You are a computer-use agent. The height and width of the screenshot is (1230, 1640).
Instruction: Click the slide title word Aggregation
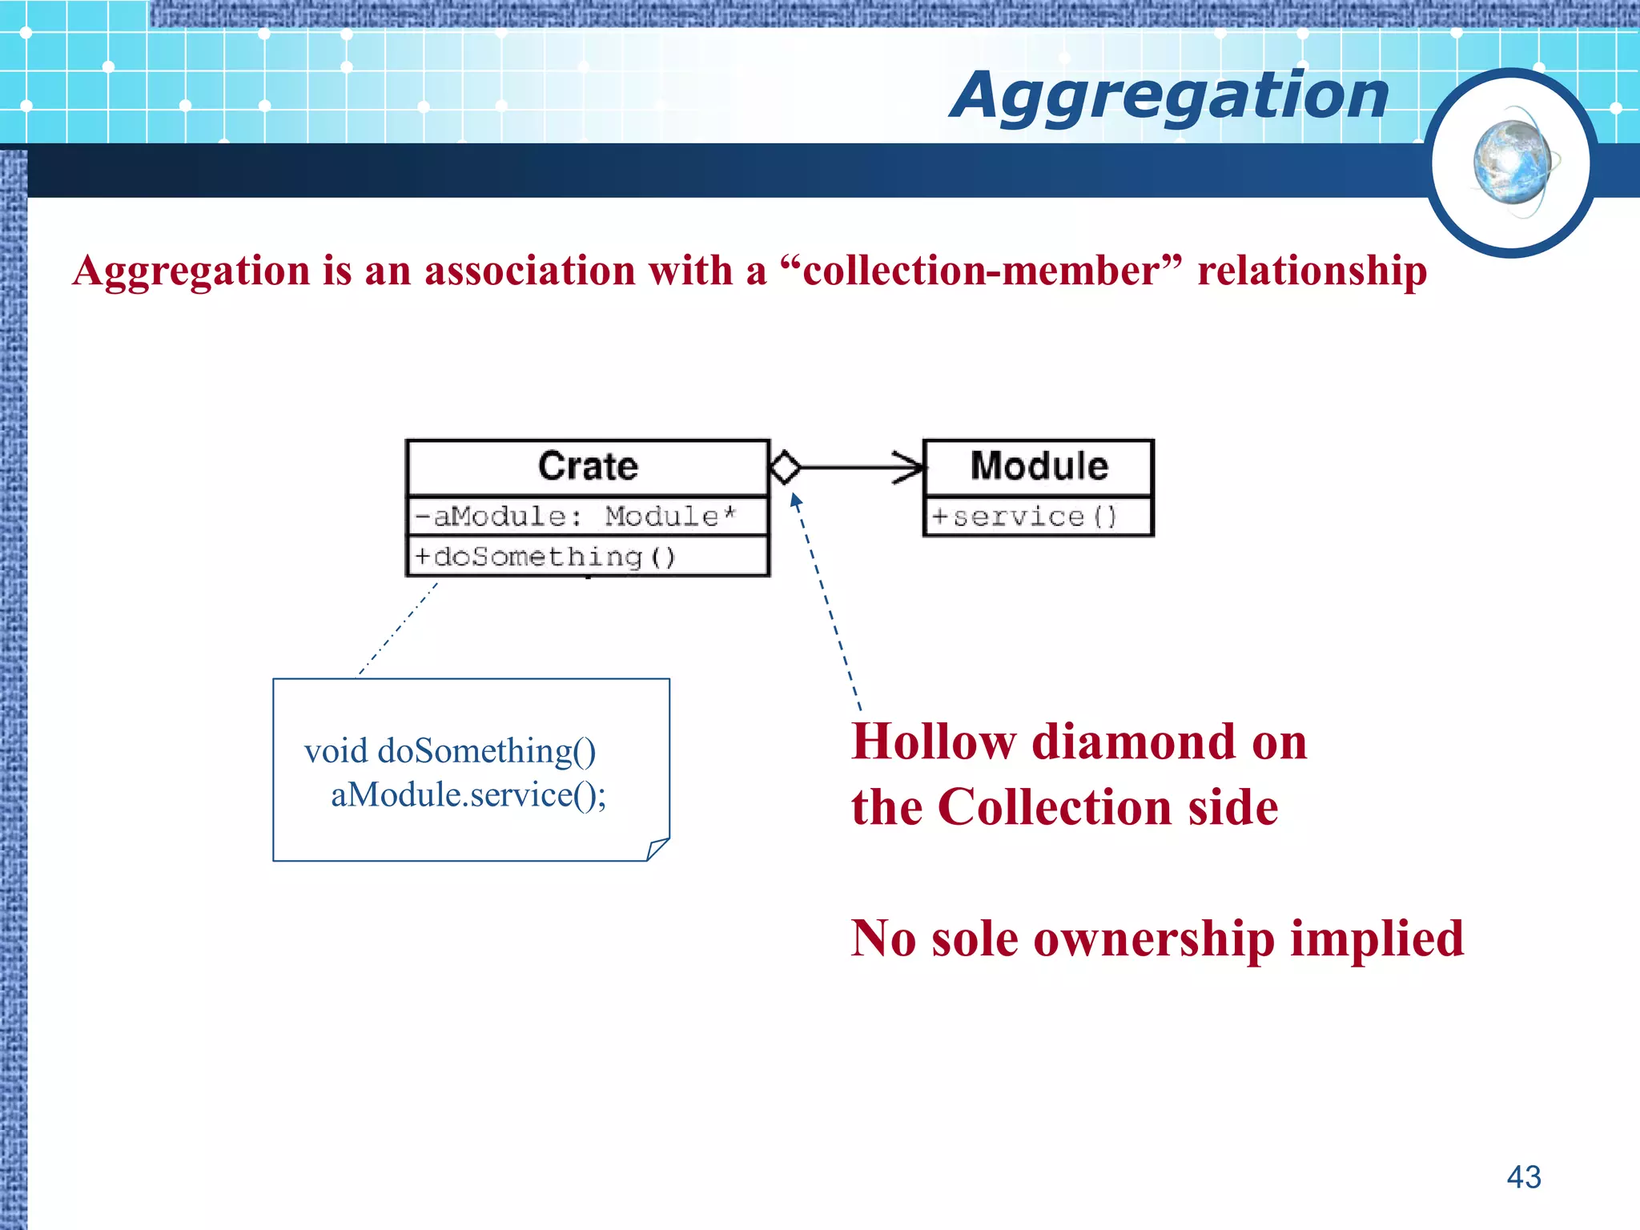coord(1169,96)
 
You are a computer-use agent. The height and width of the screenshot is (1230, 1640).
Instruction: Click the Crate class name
coord(588,467)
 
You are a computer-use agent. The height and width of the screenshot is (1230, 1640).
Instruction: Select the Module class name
coord(1039,467)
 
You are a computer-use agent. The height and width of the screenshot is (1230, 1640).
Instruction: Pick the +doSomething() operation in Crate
coord(545,557)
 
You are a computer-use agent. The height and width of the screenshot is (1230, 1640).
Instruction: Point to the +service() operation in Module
coord(1024,517)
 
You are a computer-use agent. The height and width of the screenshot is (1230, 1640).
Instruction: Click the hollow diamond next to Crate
coord(785,467)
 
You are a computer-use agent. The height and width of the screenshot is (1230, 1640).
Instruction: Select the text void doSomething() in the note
coord(450,751)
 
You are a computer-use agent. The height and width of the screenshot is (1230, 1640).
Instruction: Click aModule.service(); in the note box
coord(468,795)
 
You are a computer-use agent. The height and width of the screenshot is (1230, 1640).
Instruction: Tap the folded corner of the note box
coord(657,849)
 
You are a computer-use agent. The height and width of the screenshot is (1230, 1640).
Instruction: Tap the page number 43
coord(1523,1177)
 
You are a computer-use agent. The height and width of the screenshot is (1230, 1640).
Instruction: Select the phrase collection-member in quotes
coord(981,271)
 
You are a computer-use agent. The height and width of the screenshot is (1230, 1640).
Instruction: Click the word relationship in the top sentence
coord(1312,271)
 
